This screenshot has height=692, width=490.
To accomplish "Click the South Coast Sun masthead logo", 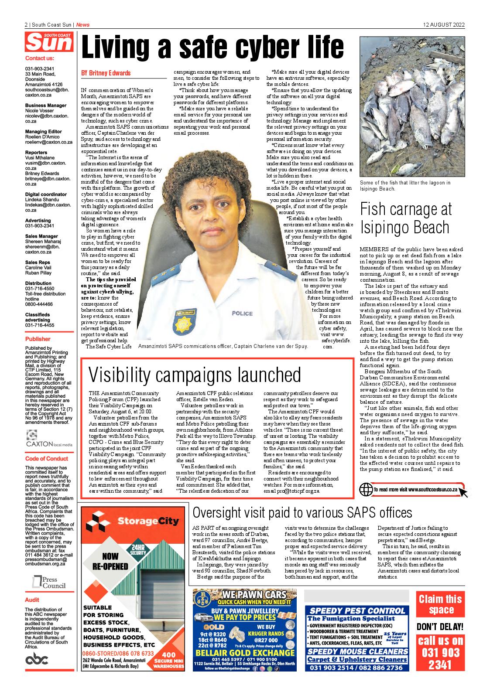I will click(49, 43).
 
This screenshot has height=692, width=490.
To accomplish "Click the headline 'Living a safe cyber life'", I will click(212, 48).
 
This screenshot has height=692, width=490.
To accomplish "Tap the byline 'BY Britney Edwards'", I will click(106, 73).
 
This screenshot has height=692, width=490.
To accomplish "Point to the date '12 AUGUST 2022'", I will click(444, 25).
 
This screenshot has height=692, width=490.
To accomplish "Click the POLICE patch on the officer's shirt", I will click(242, 313).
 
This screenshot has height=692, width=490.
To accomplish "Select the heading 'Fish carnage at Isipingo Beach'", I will click(405, 218).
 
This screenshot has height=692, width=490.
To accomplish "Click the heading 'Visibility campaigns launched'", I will click(195, 375).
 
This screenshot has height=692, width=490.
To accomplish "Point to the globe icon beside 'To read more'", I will click(366, 490).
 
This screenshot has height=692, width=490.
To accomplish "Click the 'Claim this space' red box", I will click(441, 604).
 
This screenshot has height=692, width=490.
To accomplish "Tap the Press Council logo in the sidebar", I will click(49, 581).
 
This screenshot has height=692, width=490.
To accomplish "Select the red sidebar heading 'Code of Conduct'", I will click(47, 459).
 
